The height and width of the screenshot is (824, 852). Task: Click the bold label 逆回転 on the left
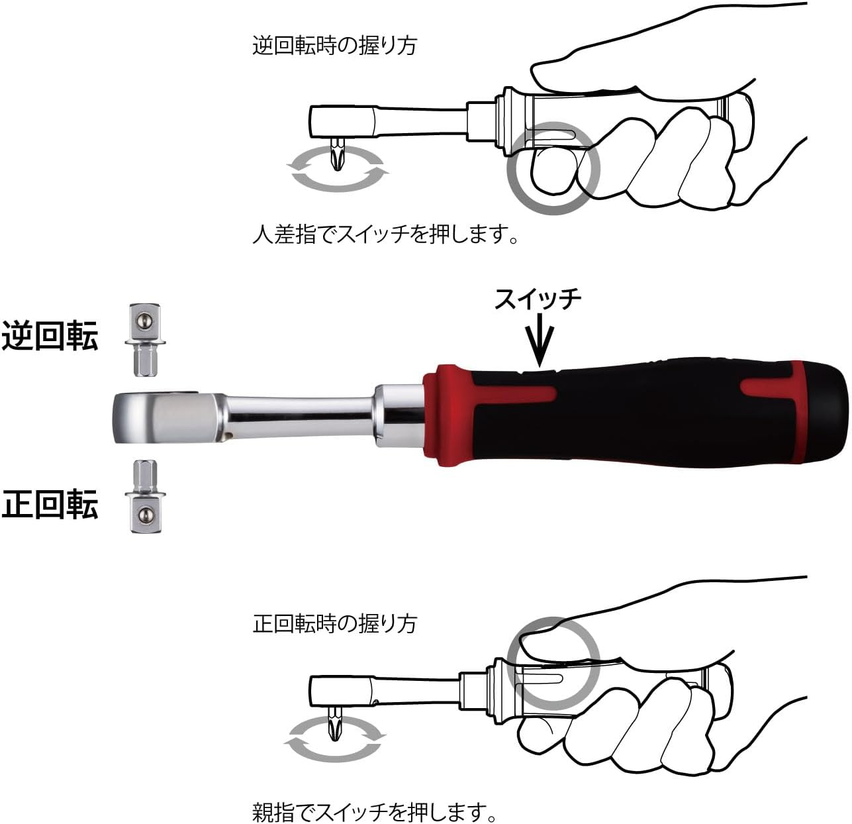pos(50,336)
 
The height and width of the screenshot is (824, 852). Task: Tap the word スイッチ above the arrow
pos(538,299)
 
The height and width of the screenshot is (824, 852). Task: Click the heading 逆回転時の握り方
pos(334,46)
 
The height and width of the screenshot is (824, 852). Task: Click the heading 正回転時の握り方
pos(334,623)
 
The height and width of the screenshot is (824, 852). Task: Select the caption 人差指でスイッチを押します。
pos(385,234)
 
